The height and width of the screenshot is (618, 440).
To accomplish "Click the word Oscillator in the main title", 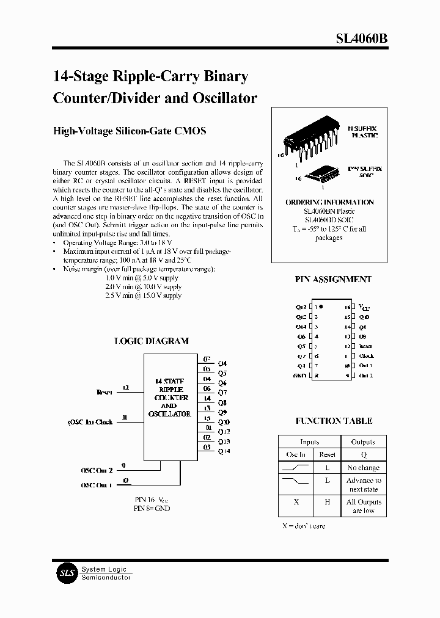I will pos(222,98).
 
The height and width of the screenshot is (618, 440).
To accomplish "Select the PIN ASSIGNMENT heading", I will pos(333,279).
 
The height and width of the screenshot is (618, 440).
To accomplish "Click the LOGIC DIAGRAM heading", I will pos(152,341).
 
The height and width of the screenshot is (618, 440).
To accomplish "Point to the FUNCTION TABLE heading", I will pos(334,421).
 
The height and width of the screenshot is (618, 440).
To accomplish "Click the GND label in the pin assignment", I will pos(300,376).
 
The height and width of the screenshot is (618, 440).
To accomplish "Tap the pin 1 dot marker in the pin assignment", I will pos(321,307).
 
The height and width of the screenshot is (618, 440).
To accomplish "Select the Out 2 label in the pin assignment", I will pos(365,376).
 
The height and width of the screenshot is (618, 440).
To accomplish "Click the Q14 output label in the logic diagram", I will pos(224,451).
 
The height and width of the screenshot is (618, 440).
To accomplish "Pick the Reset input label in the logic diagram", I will pos(105,392).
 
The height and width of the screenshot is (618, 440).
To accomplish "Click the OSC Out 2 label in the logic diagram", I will pos(97,470).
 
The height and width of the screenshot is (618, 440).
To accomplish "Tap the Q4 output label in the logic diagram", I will pos(222,363).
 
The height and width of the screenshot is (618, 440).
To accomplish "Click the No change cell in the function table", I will pos(364,468).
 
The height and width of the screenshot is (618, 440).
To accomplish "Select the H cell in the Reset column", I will pos(328,502).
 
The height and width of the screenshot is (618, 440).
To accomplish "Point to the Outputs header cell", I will pos(364,442).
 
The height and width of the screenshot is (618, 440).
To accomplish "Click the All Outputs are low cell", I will pos(364,506).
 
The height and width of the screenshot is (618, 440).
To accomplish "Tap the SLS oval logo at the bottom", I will pos(65,573).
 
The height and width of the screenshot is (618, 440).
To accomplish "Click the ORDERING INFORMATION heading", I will pos(329,202).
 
